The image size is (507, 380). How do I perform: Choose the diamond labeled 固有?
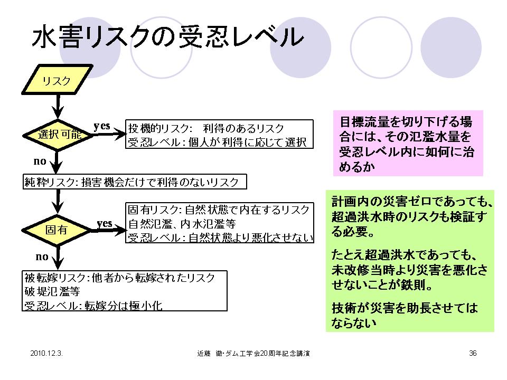coord(57,230)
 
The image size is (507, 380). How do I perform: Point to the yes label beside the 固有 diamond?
coord(105,223)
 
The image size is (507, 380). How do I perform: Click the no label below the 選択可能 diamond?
coord(41,160)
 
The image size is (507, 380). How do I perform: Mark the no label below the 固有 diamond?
coord(42,257)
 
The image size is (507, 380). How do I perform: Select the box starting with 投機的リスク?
coord(219,135)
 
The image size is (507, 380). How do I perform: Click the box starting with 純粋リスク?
coord(136,183)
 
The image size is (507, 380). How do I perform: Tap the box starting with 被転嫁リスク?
coord(125,291)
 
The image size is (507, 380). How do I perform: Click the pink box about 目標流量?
coord(409,143)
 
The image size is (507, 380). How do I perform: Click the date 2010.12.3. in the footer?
coord(47,353)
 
